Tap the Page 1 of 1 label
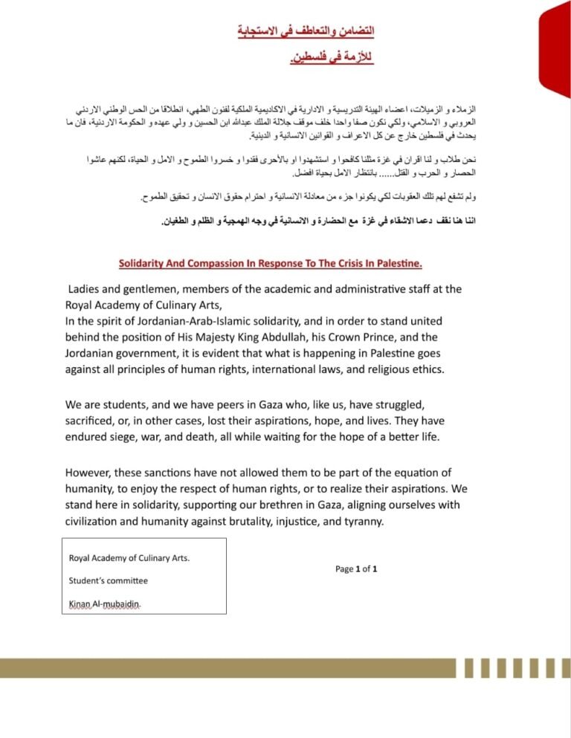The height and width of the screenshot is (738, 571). pyautogui.click(x=357, y=569)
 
